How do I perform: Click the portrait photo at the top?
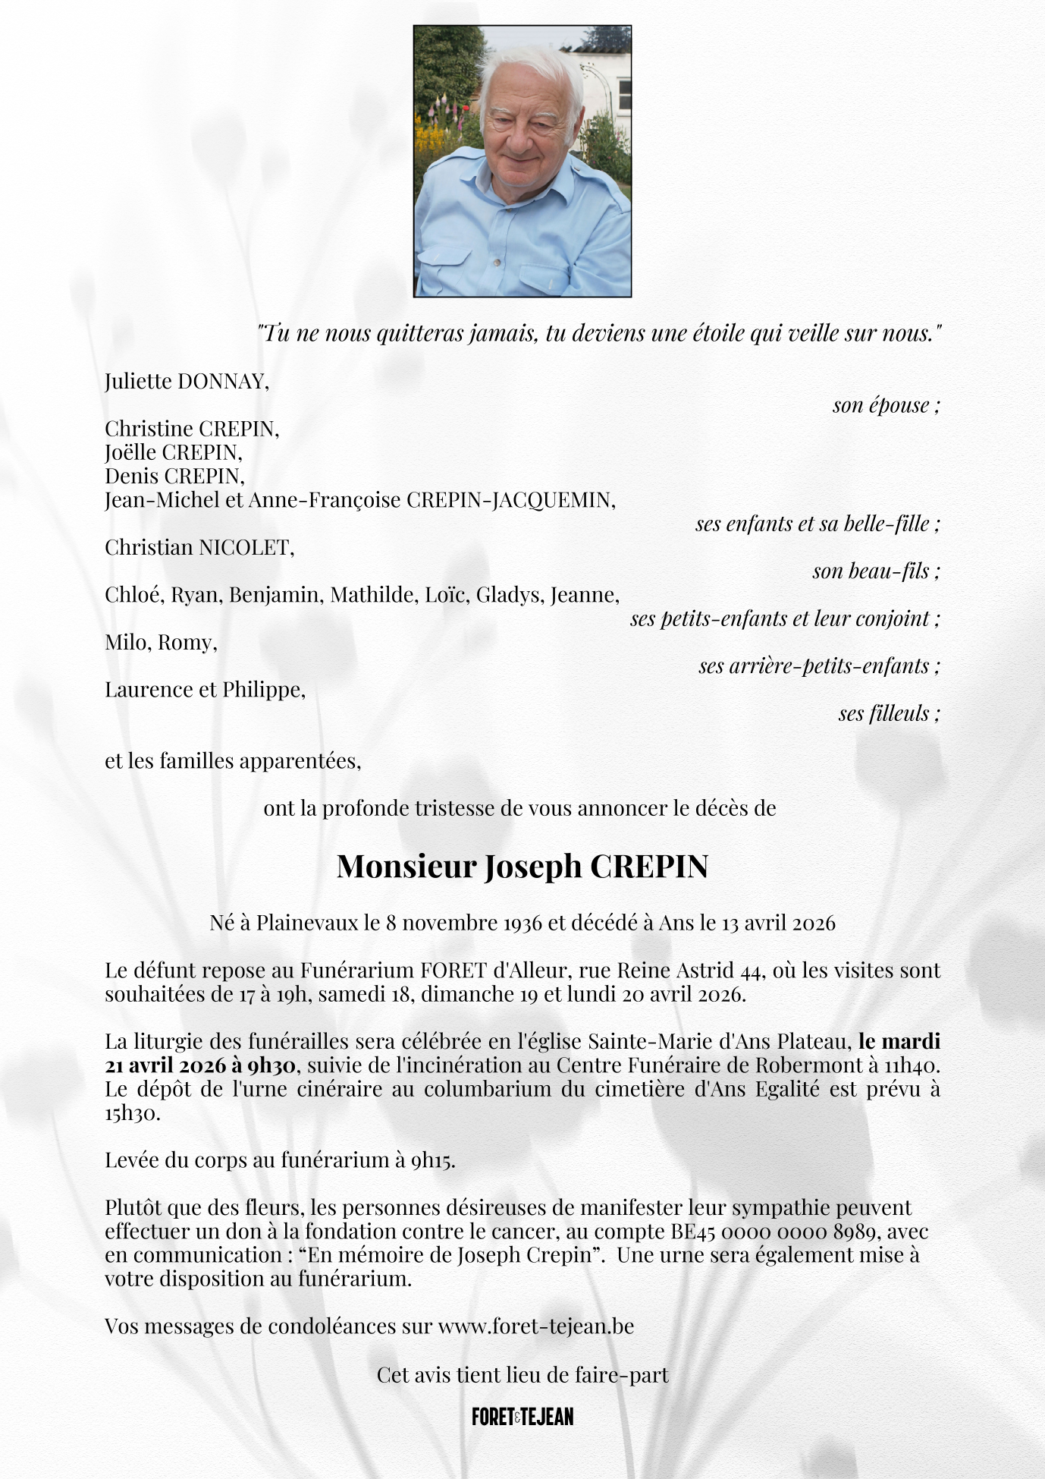(522, 161)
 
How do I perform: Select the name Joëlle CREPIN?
(173, 452)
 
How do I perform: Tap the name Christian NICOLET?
(199, 547)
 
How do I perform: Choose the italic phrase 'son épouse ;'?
(886, 405)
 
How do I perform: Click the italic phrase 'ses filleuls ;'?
(889, 713)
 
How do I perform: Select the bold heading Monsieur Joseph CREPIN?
(522, 866)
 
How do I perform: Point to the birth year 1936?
(522, 923)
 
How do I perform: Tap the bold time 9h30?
(271, 1065)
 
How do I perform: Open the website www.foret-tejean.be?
(535, 1326)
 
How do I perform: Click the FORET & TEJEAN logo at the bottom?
(522, 1417)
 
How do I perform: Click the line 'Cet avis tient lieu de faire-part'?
(522, 1375)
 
